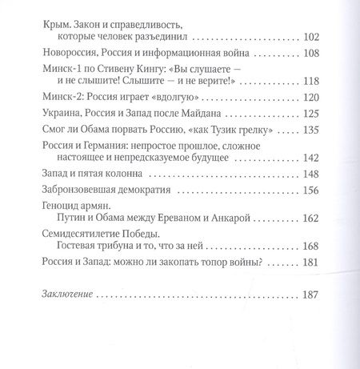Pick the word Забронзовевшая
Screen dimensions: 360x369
[x=85, y=191]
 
